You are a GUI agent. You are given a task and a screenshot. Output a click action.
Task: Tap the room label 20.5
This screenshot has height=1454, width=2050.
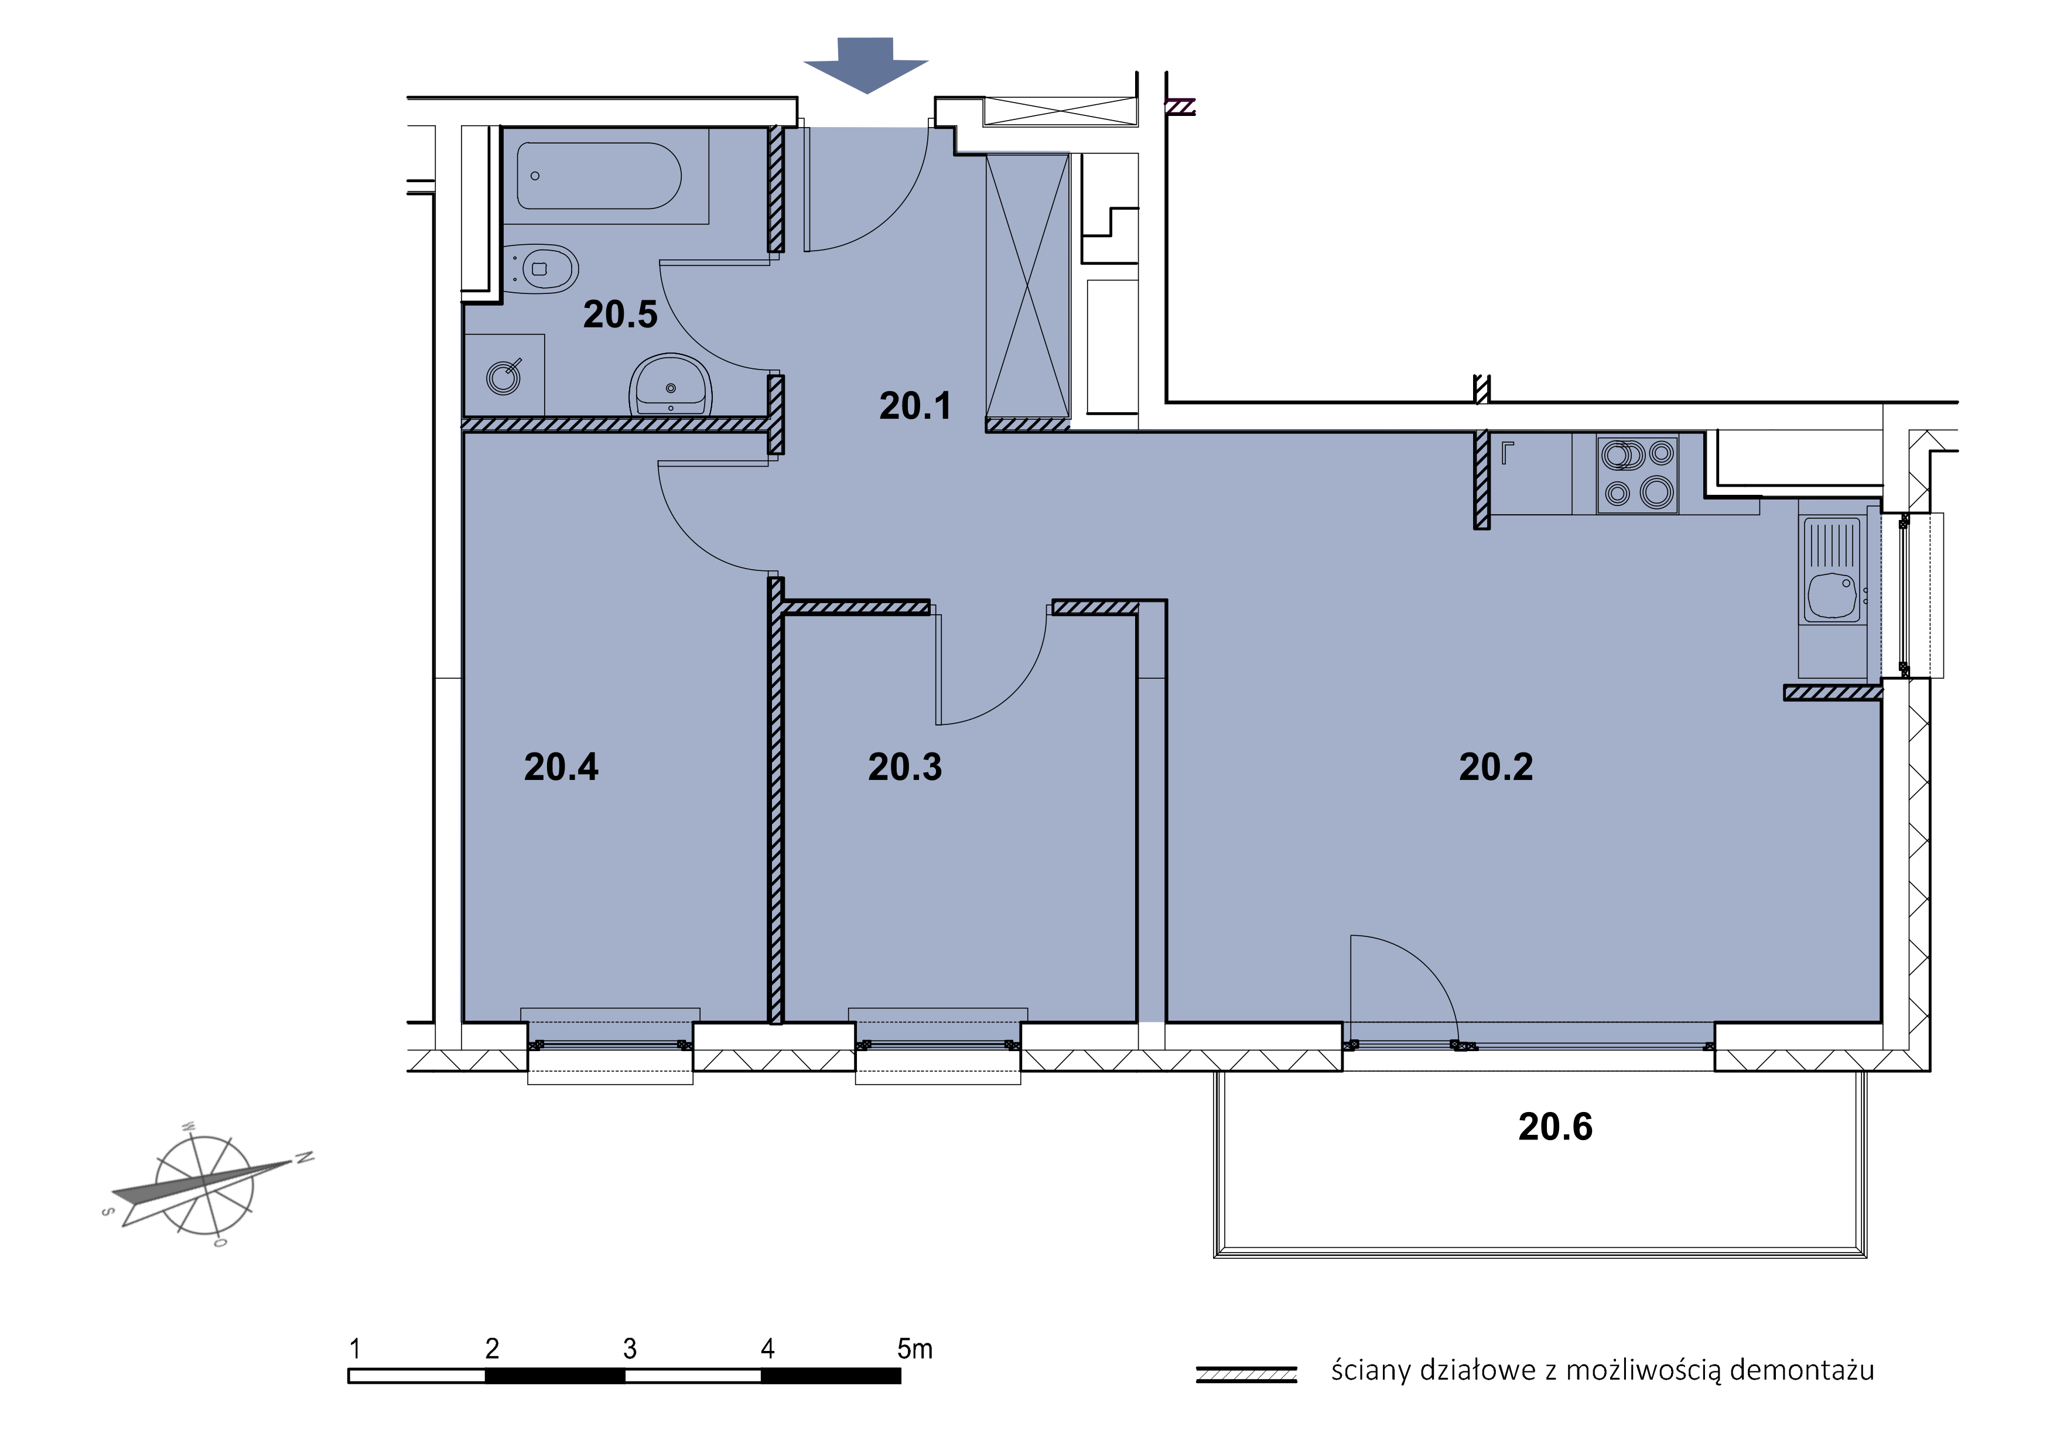click(620, 314)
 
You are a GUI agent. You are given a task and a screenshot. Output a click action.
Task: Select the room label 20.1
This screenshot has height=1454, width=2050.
click(914, 406)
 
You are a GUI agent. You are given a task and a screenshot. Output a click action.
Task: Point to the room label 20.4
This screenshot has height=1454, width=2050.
click(561, 767)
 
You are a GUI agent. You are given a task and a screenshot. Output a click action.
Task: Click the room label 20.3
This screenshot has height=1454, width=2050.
click(904, 767)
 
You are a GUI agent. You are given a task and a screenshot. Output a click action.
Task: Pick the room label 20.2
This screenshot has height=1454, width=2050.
click(1496, 767)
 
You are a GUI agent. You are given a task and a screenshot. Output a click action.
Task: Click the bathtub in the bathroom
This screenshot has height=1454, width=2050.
click(599, 176)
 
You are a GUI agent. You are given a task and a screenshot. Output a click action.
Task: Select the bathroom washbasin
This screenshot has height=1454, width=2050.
click(671, 385)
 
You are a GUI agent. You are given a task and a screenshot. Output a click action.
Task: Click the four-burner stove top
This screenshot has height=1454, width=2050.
click(1637, 474)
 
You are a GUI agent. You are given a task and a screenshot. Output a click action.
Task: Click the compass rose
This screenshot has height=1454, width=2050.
click(206, 1183)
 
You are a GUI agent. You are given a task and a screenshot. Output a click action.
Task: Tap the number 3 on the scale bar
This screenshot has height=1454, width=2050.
click(630, 1349)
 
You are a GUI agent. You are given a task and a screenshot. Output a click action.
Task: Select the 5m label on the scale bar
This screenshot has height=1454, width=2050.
click(914, 1349)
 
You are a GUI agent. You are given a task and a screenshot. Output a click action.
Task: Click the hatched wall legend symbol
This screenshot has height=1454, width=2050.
click(1246, 1374)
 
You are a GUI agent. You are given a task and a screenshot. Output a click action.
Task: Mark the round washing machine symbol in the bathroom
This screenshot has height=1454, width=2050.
click(503, 378)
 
